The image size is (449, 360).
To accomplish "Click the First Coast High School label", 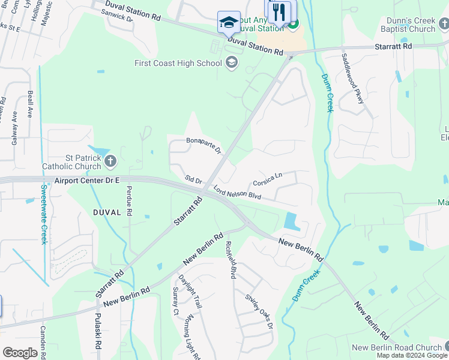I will click(x=178, y=63).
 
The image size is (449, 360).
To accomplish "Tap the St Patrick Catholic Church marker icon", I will click(x=110, y=160).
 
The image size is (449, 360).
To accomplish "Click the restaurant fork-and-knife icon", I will click(x=279, y=11).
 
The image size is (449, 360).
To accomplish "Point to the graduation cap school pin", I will click(x=228, y=22).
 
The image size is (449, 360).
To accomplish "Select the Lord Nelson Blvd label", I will click(x=237, y=196).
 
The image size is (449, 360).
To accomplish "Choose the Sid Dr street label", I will click(x=193, y=180).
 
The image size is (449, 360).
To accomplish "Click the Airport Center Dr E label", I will click(x=87, y=180).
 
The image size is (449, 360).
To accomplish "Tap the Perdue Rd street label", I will click(x=129, y=200).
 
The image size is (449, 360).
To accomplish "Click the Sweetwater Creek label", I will click(x=43, y=214).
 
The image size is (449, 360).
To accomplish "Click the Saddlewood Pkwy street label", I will click(x=352, y=78).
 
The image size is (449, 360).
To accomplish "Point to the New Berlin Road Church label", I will click(x=397, y=347).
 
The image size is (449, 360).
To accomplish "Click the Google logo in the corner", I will click(x=20, y=353).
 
